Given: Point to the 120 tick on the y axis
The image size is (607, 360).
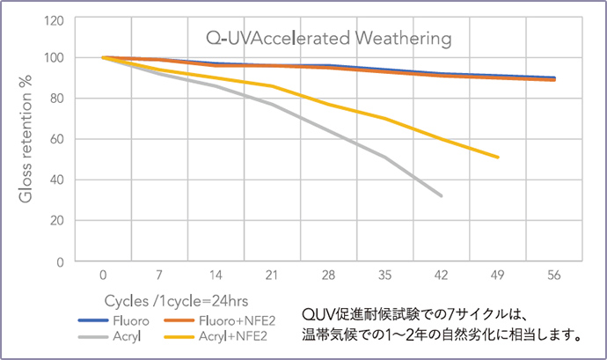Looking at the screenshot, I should click(54, 18).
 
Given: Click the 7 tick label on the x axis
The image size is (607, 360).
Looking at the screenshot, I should click(159, 274).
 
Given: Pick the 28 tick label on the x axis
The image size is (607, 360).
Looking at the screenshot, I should click(328, 274).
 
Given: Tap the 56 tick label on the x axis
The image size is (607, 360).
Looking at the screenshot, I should click(554, 274).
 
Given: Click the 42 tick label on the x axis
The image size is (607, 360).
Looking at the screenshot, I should click(442, 274).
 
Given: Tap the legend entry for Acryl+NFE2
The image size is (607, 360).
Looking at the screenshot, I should click(221, 335).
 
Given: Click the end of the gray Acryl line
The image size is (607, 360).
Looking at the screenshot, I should click(442, 195).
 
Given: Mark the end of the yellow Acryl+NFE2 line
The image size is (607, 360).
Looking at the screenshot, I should click(498, 158).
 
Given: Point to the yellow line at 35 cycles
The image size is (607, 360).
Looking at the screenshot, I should click(384, 118).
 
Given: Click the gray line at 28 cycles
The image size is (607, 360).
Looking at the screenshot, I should click(328, 132).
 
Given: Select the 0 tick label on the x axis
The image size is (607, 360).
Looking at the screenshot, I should click(103, 274).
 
